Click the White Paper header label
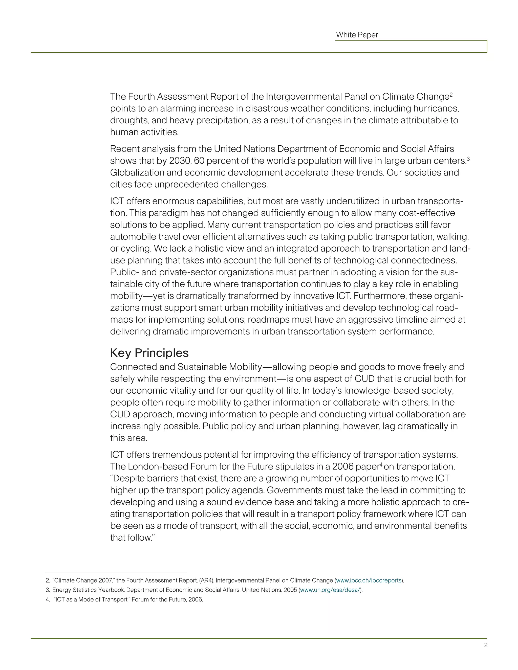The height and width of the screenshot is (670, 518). click(357, 35)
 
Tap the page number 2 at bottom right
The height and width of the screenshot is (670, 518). click(485, 645)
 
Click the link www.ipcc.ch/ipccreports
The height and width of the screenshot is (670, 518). click(369, 580)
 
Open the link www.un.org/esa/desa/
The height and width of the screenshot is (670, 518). click(330, 590)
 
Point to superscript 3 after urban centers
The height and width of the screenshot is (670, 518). click(468, 158)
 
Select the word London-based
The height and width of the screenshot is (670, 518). click(158, 467)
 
